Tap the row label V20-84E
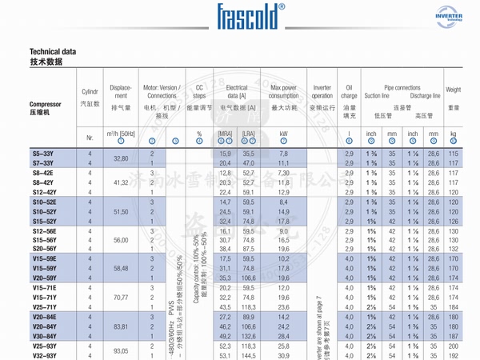[45, 317]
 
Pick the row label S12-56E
[45, 230]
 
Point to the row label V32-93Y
[45, 356]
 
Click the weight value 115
[454, 153]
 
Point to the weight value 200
[454, 346]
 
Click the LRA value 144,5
[249, 356]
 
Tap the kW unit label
[283, 134]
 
